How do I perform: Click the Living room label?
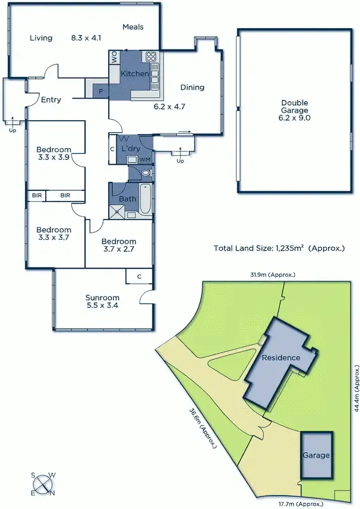pos(41,38)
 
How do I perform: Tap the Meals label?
pos(133,27)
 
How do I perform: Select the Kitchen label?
pos(135,74)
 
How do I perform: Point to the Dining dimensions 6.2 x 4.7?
pos(169,107)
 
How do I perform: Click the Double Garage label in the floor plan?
pos(294,109)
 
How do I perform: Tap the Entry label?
pos(51,99)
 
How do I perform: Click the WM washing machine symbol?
pos(144,158)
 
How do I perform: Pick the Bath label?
pos(128,199)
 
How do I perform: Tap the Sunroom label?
pos(102,297)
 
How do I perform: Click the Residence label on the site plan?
pos(280,358)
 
